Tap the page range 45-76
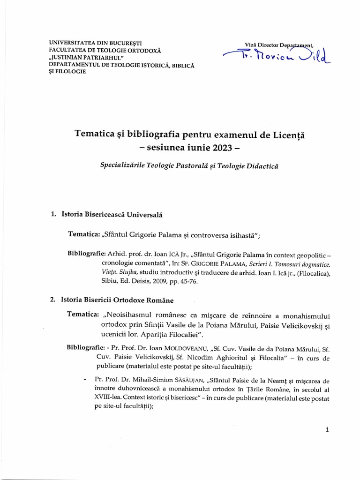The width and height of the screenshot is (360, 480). coord(193,281)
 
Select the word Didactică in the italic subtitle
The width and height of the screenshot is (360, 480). coord(257,167)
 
